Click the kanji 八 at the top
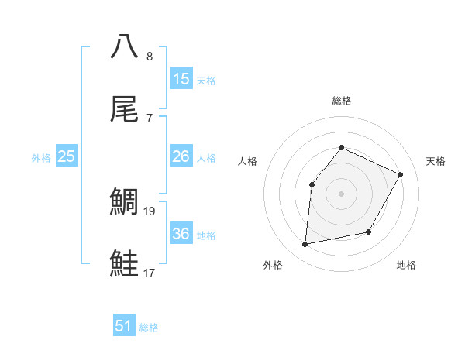click(x=125, y=46)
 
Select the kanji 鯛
click(x=125, y=201)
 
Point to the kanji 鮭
click(x=125, y=263)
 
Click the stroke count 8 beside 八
click(x=150, y=57)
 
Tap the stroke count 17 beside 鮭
click(x=150, y=273)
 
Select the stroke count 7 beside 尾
click(x=150, y=118)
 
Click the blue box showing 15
click(x=181, y=79)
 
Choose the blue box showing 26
click(x=181, y=156)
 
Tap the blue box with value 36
click(x=181, y=234)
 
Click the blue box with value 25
click(x=67, y=156)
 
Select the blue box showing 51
click(x=124, y=326)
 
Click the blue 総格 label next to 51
click(x=149, y=328)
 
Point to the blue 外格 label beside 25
click(x=41, y=158)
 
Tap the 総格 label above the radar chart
click(x=341, y=101)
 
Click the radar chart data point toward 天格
click(x=401, y=174)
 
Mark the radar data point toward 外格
click(x=305, y=245)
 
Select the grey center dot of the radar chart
click(x=341, y=193)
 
